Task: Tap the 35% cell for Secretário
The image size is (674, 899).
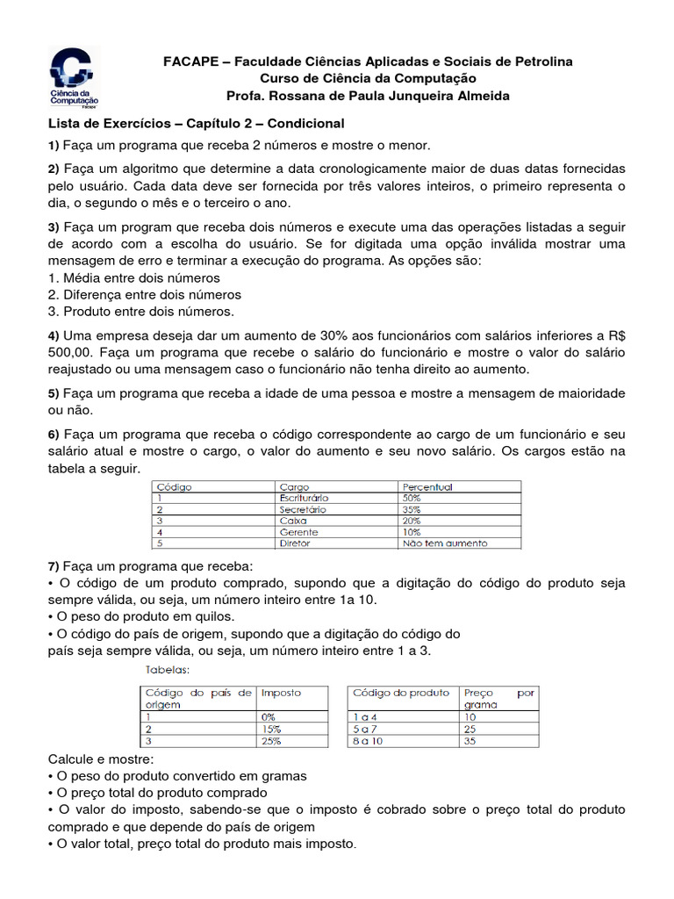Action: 411,509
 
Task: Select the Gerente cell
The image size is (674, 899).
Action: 298,532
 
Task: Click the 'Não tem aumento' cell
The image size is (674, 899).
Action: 445,543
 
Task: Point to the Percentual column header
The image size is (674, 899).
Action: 427,486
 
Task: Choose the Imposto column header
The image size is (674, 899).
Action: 281,693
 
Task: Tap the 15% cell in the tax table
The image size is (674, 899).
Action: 270,729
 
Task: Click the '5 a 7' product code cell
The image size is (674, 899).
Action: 364,729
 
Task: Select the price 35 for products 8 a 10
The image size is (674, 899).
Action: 470,741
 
